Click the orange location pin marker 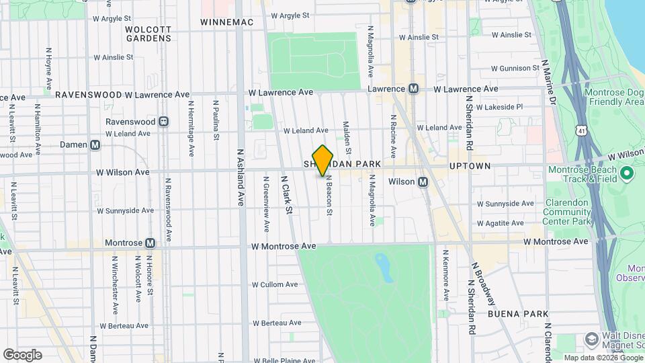tap(322, 160)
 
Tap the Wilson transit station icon tap(423, 182)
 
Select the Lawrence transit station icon tap(414, 89)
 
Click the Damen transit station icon tap(95, 145)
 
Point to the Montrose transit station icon tap(150, 243)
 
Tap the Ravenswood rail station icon tap(163, 122)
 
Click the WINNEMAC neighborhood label tap(227, 22)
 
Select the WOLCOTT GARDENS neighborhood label tap(148, 34)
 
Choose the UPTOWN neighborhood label tap(470, 165)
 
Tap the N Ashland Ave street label tap(240, 176)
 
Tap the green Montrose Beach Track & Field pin tap(628, 174)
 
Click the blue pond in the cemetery tap(384, 267)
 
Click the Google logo tap(22, 354)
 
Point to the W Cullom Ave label tap(274, 284)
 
